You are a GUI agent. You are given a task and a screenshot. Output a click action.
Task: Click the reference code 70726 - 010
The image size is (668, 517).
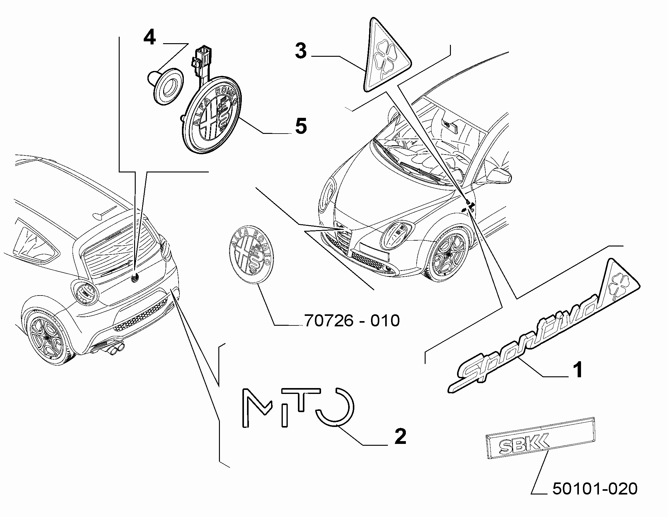(352, 321)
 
